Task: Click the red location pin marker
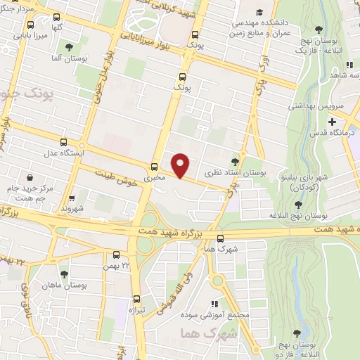[181, 165]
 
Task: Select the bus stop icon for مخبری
[154, 167]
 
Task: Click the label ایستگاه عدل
[64, 153]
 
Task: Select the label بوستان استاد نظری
[228, 172]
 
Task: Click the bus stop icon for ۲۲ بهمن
[116, 255]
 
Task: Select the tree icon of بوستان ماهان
[64, 274]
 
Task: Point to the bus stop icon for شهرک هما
[220, 238]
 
